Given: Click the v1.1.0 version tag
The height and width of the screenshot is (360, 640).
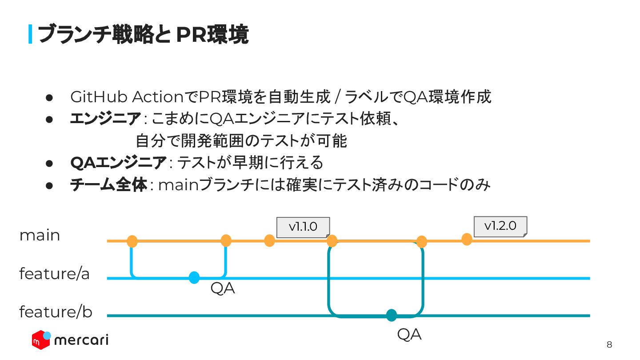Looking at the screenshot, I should coord(303,227).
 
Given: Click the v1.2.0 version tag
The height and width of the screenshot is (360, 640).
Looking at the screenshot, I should coord(500,226).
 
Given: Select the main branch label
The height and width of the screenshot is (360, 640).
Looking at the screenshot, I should coord(40,236).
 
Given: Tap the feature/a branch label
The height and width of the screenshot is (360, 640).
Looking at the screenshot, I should coord(54,274).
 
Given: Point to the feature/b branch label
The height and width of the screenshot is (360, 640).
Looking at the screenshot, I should coord(56,312).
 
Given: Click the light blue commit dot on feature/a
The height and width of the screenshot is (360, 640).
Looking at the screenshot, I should coord(194,278).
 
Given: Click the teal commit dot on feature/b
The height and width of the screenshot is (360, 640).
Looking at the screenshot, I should coord(391,315).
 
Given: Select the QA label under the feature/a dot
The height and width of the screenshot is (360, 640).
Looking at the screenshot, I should coord(222,289).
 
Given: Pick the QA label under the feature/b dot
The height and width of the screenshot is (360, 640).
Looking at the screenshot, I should coord(409,335).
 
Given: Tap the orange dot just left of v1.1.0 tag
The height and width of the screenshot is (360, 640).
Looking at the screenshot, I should coord(269,240).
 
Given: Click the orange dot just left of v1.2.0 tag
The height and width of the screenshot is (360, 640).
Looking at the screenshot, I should coord(467,240).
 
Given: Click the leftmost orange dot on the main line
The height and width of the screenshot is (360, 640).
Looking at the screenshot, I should coord(132,241).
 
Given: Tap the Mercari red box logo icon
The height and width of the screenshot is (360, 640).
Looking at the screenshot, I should coord(41,340).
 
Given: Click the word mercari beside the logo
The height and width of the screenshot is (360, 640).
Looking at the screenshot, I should coord(81,340).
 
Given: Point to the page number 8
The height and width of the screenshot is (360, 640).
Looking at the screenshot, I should coord(609,345).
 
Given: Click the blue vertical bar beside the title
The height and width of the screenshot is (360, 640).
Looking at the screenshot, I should coord(30,35).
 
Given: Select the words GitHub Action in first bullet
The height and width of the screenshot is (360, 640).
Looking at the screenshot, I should coord(127,96).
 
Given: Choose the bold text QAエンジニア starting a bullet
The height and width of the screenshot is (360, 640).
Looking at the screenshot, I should coord(118,163).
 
